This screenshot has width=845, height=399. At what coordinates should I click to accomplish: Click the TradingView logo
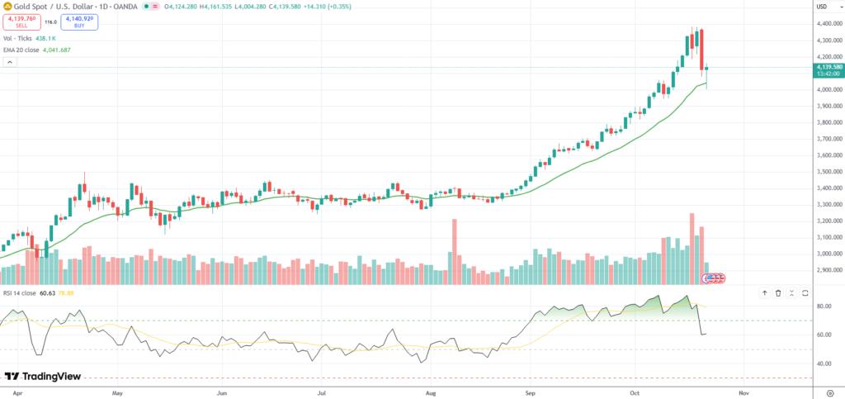coord(43,376)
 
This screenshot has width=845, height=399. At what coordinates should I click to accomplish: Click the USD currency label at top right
coord(822,7)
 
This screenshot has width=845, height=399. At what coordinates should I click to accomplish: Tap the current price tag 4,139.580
coord(828,67)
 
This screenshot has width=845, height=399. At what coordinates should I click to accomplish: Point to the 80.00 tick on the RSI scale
coord(822,306)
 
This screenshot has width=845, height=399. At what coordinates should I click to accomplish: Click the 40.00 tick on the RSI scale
coord(822,363)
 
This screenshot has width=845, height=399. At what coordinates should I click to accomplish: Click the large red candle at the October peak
coord(701,50)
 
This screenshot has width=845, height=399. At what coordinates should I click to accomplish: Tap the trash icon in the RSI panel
coord(778,293)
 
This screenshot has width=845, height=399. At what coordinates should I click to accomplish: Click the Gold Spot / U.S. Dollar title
coord(58,7)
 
